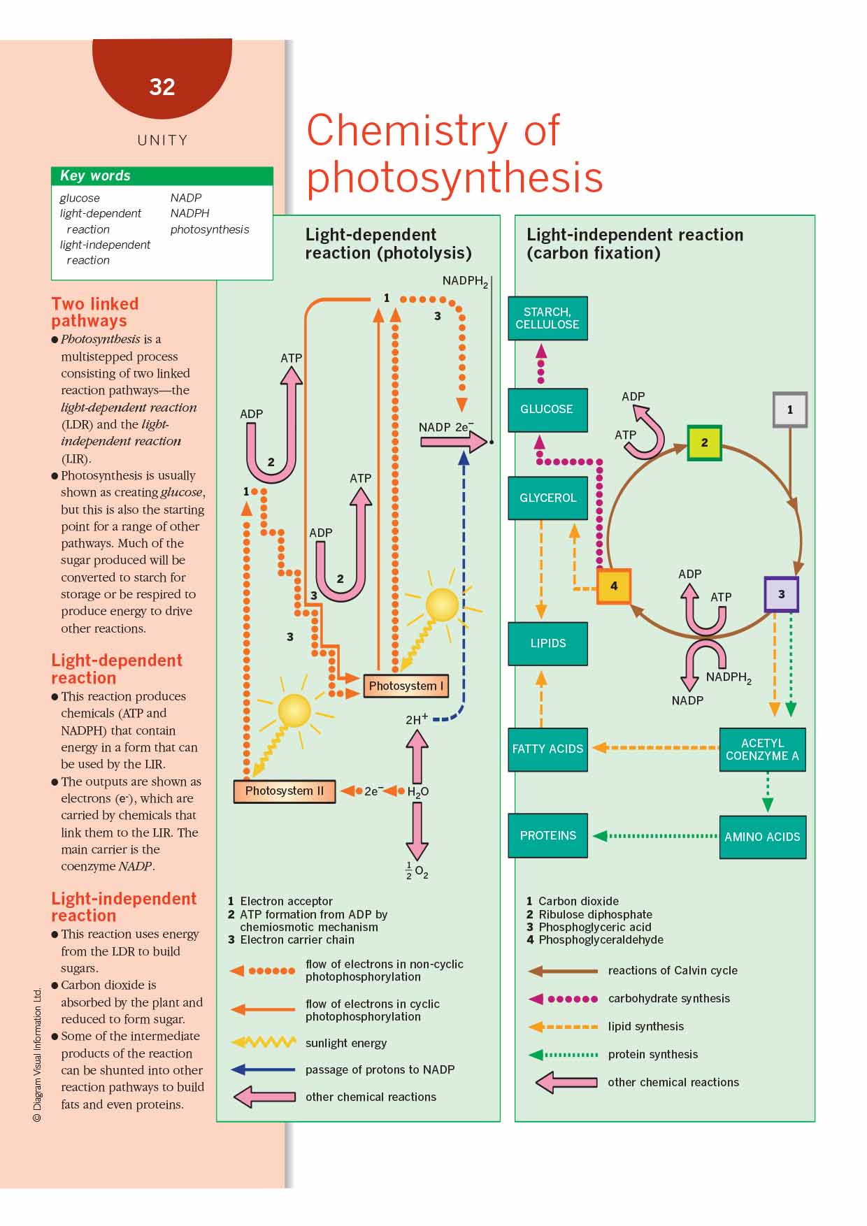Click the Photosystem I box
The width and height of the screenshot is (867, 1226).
pyautogui.click(x=406, y=686)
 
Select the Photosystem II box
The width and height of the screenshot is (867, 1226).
pyautogui.click(x=284, y=791)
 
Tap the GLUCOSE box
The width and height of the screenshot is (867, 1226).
pyautogui.click(x=547, y=410)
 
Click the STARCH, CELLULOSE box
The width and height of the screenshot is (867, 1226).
pyautogui.click(x=547, y=318)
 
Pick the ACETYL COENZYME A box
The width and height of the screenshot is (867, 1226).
pyautogui.click(x=762, y=749)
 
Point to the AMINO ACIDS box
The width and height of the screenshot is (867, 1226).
pyautogui.click(x=762, y=837)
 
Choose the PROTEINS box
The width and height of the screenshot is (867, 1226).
pyautogui.click(x=547, y=835)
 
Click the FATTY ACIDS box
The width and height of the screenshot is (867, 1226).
pyautogui.click(x=547, y=749)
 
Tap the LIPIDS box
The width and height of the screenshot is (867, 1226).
pyautogui.click(x=547, y=643)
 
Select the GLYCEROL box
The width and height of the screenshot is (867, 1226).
pyautogui.click(x=547, y=498)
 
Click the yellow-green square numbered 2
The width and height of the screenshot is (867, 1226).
pyautogui.click(x=704, y=442)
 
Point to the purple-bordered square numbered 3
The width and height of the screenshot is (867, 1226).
pyautogui.click(x=781, y=594)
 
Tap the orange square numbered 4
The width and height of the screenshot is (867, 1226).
pyautogui.click(x=613, y=586)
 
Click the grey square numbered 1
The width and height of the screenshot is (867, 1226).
pyautogui.click(x=789, y=410)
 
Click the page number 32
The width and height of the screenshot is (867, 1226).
pyautogui.click(x=162, y=87)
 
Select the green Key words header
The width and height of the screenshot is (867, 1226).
pyautogui.click(x=162, y=175)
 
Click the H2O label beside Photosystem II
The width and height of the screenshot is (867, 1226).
pyautogui.click(x=417, y=792)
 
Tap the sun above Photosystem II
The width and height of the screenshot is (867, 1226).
pyautogui.click(x=294, y=711)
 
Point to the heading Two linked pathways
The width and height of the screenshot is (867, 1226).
pyautogui.click(x=95, y=312)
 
